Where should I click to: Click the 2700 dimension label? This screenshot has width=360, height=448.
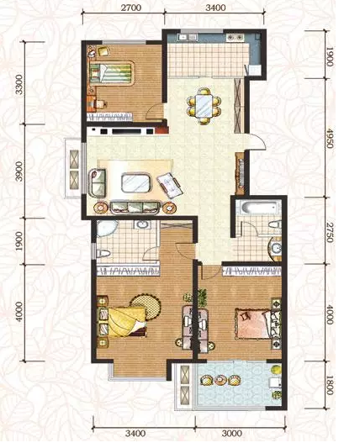point(131,8)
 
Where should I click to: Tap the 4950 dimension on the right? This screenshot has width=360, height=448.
point(330,138)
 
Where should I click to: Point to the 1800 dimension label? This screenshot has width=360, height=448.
point(330,385)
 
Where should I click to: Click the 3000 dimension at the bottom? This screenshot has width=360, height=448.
point(231,434)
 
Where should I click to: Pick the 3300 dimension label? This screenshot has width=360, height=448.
point(19,84)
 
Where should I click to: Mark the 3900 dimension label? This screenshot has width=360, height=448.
point(19,171)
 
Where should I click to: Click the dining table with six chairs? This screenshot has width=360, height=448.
point(204,106)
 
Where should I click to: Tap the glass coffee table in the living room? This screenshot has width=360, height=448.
point(136,182)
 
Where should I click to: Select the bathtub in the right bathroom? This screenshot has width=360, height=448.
point(259,208)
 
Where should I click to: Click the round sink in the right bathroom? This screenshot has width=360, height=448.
point(276,249)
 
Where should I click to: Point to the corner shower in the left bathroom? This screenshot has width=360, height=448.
point(106,229)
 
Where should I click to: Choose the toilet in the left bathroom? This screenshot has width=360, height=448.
point(103,253)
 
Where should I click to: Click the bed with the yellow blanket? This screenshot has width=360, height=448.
point(122,322)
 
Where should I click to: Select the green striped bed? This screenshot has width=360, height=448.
point(112,72)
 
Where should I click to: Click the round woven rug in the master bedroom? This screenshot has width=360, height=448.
point(146,307)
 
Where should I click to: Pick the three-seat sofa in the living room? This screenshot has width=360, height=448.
point(135,208)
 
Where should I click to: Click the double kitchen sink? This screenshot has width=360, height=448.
point(235,38)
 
